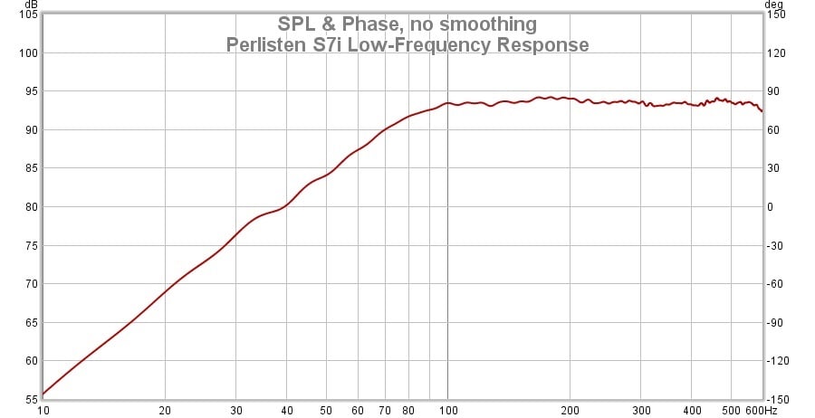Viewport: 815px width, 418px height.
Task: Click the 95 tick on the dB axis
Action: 29,91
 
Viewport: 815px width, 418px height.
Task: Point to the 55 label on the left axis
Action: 29,399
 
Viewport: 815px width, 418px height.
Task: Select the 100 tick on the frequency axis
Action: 447,410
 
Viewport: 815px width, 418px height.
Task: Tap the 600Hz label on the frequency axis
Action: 751,410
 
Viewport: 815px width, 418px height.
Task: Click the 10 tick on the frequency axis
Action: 43,410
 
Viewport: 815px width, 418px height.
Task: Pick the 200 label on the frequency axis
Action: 570,410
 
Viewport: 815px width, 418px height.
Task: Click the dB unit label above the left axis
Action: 31,5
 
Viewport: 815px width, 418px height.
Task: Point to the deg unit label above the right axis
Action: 775,5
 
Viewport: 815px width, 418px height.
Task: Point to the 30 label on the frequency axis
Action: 236,410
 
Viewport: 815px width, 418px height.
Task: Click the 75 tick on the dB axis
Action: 29,245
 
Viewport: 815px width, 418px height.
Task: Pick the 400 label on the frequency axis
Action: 692,410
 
